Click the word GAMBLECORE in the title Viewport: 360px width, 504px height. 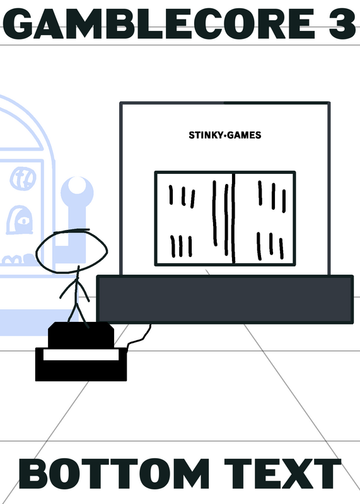pos(158,23)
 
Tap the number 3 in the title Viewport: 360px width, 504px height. pos(342,23)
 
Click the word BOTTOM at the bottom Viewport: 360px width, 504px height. pos(114,474)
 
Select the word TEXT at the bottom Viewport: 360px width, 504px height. pos(282,474)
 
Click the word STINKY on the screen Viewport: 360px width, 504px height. pos(206,135)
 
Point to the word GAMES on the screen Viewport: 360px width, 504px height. pos(244,135)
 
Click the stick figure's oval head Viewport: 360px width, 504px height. pos(71,251)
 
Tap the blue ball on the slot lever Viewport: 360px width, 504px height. pos(77,192)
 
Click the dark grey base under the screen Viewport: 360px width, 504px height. pos(225,299)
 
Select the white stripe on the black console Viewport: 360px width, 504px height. pos(81,355)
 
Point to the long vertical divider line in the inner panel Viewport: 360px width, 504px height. pos(233,218)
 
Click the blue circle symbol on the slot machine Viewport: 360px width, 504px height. pos(23,179)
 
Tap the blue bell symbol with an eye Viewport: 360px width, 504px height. pos(20,220)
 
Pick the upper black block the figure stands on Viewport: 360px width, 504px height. pos(81,335)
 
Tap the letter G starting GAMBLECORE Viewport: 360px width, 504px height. pos(18,24)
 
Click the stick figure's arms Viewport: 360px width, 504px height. pos(74,289)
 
